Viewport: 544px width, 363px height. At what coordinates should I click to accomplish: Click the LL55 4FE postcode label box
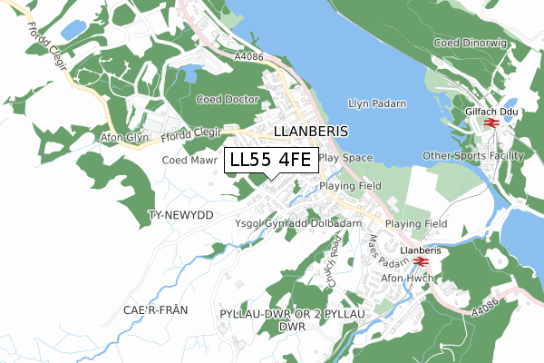[271, 160]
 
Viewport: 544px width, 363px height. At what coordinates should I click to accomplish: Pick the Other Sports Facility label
[473, 155]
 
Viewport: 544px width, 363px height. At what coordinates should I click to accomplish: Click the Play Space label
[345, 157]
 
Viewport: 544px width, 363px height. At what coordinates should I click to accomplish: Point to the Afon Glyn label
[124, 138]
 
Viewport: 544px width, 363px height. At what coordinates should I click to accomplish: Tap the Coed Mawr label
[188, 160]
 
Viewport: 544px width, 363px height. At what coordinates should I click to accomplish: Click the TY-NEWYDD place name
[180, 215]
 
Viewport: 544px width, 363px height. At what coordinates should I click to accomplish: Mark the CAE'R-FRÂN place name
[155, 309]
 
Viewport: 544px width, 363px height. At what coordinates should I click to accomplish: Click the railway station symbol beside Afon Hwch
[420, 263]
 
